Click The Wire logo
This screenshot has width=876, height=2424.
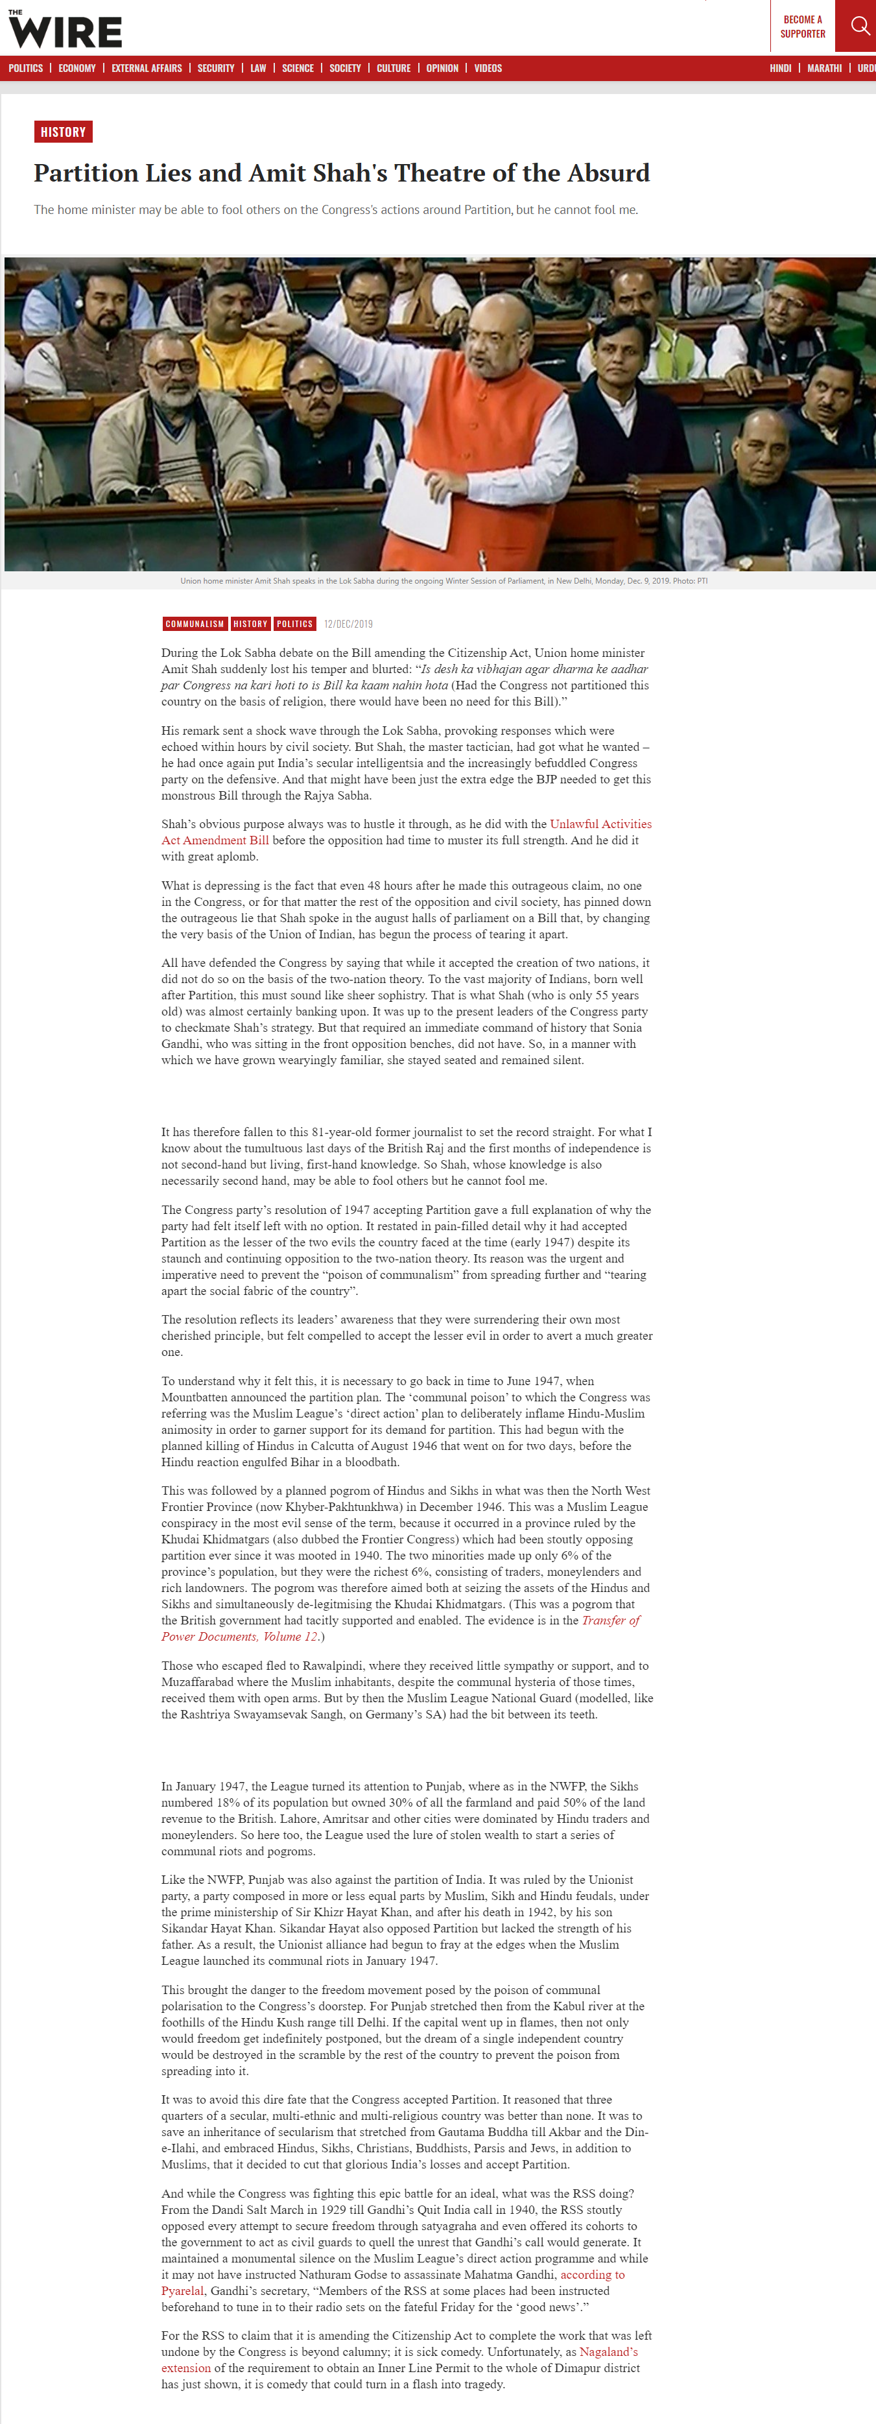[65, 29]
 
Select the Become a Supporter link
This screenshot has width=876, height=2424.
[803, 27]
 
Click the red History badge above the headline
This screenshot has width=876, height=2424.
[63, 132]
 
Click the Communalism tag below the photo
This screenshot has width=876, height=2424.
[195, 624]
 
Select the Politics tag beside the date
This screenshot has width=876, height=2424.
[294, 624]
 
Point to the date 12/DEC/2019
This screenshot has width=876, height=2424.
[348, 624]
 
